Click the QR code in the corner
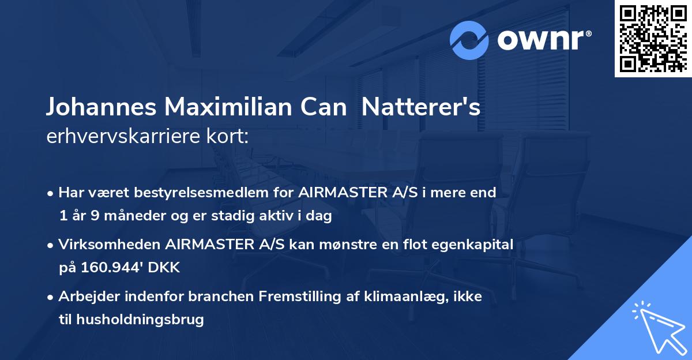click(653, 39)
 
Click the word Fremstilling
click(299, 297)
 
